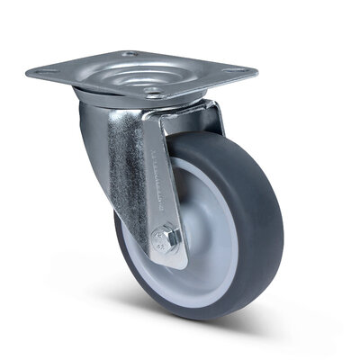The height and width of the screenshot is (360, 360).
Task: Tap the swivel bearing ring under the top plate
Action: click(108, 97)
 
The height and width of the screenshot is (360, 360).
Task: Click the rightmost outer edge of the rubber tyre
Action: click(283, 216)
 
